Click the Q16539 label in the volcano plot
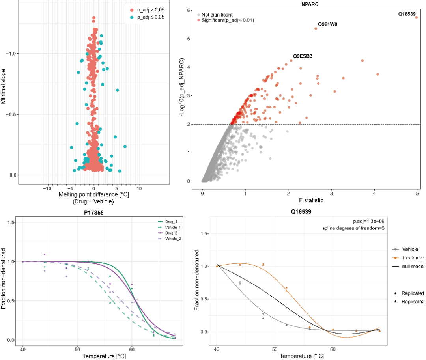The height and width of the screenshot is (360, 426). click(x=406, y=14)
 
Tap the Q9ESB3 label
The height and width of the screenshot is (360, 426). click(x=303, y=56)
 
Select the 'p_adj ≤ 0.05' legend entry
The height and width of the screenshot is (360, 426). click(x=148, y=17)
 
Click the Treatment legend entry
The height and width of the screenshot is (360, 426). click(x=412, y=258)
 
